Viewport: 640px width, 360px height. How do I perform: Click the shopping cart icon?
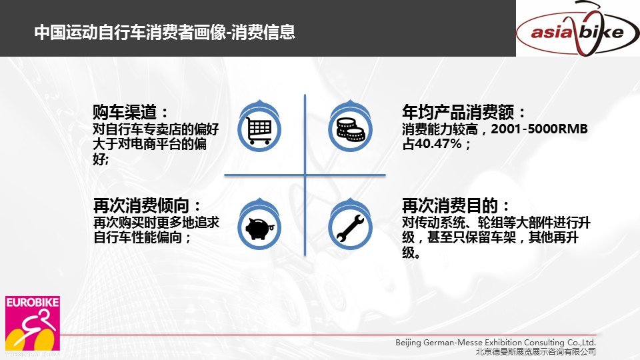pyautogui.click(x=259, y=130)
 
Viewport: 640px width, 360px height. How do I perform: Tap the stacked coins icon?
pyautogui.click(x=350, y=129)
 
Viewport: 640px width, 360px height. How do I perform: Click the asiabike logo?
pyautogui.click(x=578, y=29)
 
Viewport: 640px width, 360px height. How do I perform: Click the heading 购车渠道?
pyautogui.click(x=130, y=111)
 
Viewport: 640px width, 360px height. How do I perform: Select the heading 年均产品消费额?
pyautogui.click(x=463, y=111)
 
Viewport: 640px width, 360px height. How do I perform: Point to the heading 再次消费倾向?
pyautogui.click(x=147, y=205)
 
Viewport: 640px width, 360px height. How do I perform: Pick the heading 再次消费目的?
pyautogui.click(x=455, y=205)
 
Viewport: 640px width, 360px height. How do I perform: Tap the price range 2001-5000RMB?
pyautogui.click(x=539, y=129)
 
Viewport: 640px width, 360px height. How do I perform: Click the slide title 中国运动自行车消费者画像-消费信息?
pyautogui.click(x=165, y=32)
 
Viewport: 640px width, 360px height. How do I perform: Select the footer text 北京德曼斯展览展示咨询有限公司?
pyautogui.click(x=535, y=351)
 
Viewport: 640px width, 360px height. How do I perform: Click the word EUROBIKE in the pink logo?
pyautogui.click(x=33, y=303)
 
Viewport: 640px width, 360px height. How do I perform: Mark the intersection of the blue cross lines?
pyautogui.click(x=305, y=175)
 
